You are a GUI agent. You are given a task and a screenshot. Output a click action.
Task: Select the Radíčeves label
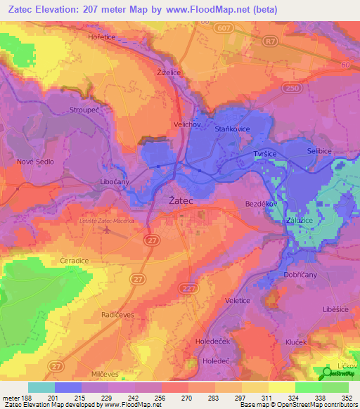pos(117,316)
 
